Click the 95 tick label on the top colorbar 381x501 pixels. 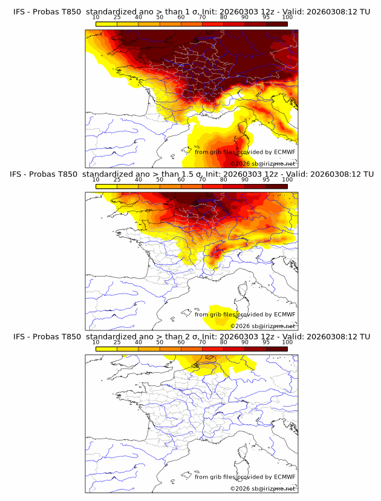point(266,17)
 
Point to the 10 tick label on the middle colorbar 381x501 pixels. point(96,179)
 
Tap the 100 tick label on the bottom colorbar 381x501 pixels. point(287,342)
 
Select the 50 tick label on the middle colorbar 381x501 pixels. point(160,179)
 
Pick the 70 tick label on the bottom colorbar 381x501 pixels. point(202,342)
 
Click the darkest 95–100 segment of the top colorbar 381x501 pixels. point(277,24)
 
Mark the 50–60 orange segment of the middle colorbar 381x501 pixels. point(170,186)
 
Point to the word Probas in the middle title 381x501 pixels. point(45,174)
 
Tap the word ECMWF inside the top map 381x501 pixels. point(284,152)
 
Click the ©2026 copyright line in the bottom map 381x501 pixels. point(262,488)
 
